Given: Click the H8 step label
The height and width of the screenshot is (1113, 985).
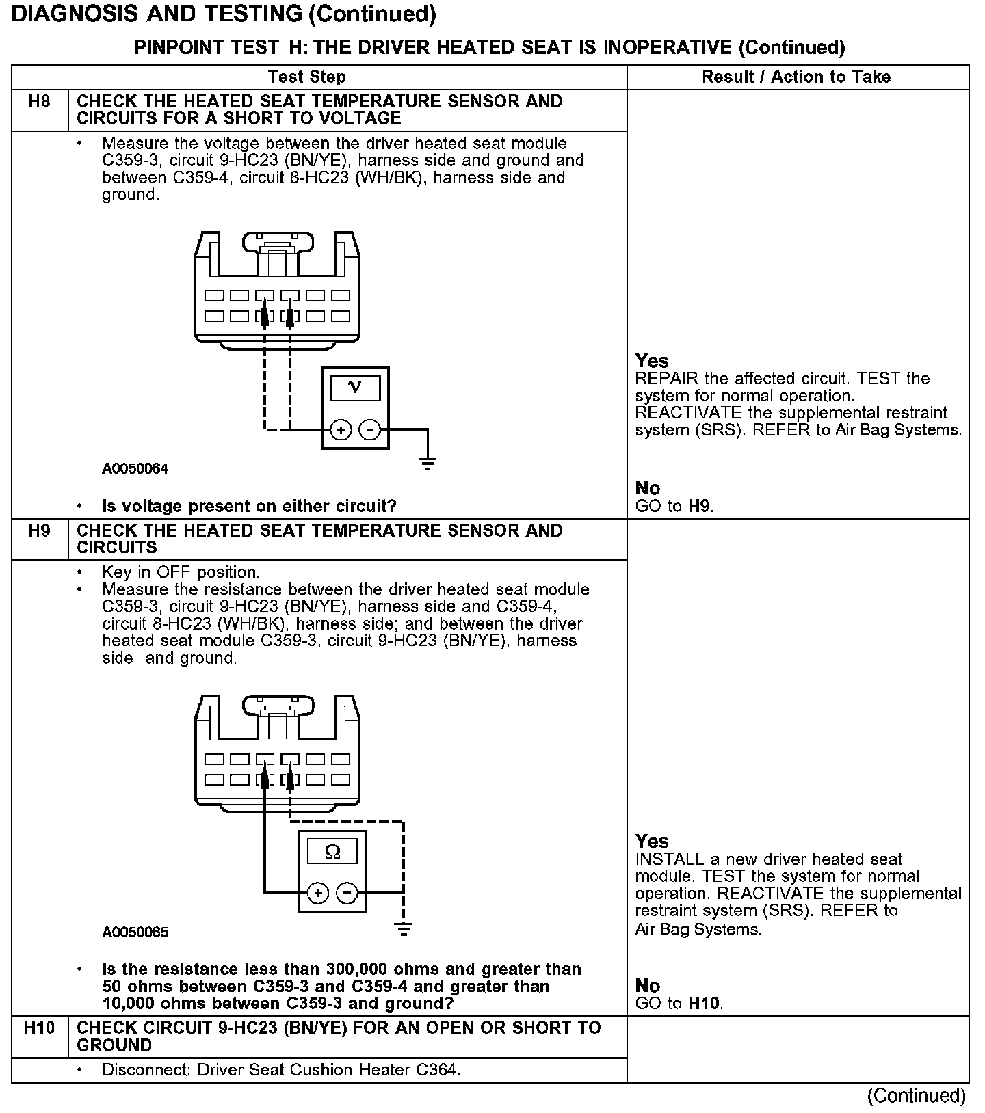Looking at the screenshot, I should coord(40,103).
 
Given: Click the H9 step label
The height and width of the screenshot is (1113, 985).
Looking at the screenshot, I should coord(40,531).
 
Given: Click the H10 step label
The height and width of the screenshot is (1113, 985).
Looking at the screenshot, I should coord(39,1028).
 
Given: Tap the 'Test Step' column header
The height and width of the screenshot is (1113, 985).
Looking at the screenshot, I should coord(307,77).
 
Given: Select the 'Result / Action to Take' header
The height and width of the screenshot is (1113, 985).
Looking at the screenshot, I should coord(796,77).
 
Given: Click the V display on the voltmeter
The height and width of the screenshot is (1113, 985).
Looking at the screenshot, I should coord(355,388).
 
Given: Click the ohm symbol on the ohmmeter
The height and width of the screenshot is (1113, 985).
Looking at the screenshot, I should coord(332,851).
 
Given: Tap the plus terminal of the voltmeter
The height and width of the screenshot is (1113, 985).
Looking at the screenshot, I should coord(341,430).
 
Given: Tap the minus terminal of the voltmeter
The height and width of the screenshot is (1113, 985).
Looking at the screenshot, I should coord(369,430).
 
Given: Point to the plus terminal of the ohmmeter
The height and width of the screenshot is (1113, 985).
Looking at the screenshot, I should coord(318,893).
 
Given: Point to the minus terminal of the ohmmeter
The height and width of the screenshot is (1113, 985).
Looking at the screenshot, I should coord(347,893).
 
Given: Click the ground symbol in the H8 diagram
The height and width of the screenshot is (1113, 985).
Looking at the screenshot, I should coord(428,465).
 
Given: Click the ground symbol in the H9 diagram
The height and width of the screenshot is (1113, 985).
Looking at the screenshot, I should coord(404,928).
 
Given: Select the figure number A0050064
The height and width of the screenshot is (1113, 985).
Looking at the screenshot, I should coord(135,469).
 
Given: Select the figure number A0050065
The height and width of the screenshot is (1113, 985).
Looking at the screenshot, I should coord(135,933).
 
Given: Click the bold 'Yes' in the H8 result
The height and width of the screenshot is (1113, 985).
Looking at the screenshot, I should coord(652,361).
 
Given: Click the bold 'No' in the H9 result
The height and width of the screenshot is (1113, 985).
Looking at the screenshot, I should coord(647,985).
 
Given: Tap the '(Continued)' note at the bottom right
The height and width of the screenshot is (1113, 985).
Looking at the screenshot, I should coord(916,1096).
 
